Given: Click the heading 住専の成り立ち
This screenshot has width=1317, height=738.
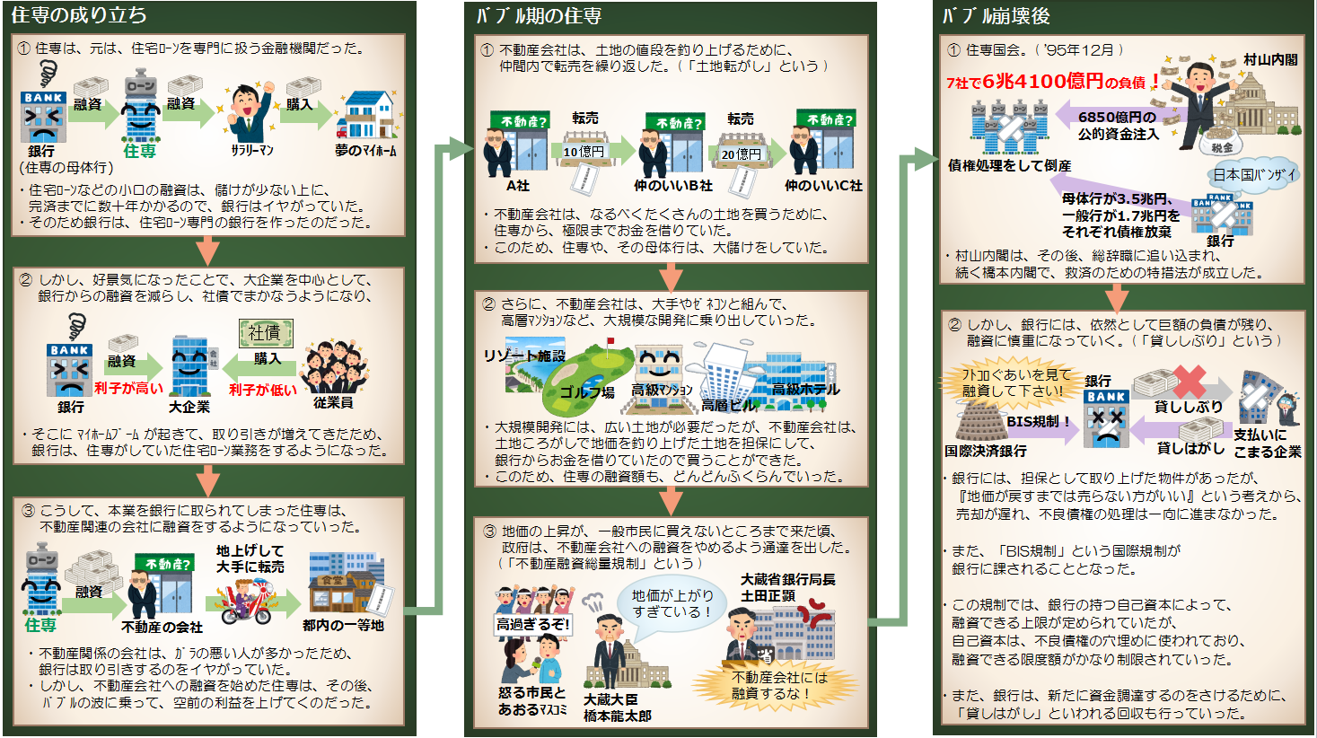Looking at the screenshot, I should (x=79, y=15).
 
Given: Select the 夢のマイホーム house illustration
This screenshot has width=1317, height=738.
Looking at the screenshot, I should (x=367, y=115).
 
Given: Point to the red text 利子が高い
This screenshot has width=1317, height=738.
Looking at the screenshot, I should (x=128, y=388).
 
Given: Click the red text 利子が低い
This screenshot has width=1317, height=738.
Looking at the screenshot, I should (x=262, y=390).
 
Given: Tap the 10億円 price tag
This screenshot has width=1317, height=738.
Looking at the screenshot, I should (x=584, y=152).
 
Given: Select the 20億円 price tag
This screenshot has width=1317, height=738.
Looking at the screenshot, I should (x=742, y=154).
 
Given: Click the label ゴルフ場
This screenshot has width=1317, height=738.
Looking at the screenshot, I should (x=587, y=391).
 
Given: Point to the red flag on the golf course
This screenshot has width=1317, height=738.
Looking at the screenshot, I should (x=611, y=342).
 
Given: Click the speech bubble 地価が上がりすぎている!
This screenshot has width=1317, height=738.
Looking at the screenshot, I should (x=672, y=603).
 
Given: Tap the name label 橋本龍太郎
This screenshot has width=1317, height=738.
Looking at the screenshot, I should (x=617, y=716).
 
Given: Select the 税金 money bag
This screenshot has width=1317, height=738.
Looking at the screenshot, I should (x=1222, y=142).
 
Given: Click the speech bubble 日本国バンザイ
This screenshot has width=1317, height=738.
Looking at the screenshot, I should (x=1254, y=175).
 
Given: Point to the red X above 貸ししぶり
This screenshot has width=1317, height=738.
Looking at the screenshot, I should (x=1190, y=381).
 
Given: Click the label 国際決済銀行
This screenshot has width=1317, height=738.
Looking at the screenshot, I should (x=986, y=451).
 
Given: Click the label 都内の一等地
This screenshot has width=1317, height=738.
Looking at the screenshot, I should (x=343, y=626).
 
